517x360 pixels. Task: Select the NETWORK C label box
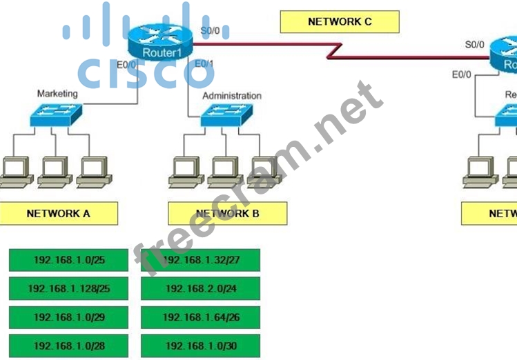coord(340,22)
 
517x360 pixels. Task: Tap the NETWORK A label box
coord(59,214)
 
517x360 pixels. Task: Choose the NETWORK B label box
coord(227,214)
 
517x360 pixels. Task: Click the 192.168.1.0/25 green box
coord(68,260)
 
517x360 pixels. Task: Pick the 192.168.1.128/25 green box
coord(68,288)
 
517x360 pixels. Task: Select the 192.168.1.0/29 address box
coord(68,317)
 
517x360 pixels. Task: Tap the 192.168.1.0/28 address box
coord(68,346)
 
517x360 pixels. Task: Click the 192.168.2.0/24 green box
coord(201,288)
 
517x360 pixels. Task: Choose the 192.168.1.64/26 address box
coord(201,317)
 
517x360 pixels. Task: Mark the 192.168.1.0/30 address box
coord(201,346)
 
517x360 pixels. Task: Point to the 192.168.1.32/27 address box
coord(201,260)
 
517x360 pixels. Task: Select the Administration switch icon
coord(226,114)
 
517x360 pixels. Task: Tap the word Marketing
coord(57,94)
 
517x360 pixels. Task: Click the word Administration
coord(232,96)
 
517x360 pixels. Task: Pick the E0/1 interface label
coord(204,64)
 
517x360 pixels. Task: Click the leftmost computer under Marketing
coord(14,171)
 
